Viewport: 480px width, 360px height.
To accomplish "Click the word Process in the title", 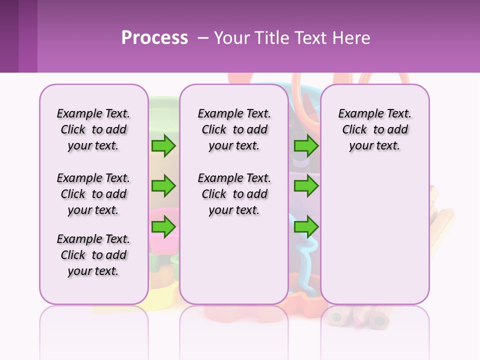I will click(154, 38).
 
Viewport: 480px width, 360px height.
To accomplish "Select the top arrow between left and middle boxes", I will click(163, 145).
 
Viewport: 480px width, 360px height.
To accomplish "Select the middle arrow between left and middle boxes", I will click(163, 186).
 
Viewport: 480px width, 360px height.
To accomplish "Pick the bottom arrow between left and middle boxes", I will click(163, 227).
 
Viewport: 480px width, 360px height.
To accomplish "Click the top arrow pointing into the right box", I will click(306, 145).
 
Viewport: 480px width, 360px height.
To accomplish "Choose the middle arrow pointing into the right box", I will click(306, 186).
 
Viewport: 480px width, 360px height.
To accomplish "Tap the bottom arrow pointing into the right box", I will click(306, 227).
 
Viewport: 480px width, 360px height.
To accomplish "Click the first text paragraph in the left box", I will click(93, 129).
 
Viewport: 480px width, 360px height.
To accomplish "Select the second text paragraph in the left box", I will click(93, 194).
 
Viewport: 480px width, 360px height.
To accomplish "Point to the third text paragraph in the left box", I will click(93, 255).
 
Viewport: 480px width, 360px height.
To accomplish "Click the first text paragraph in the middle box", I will click(234, 129).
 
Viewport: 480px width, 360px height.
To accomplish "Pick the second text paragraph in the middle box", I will click(234, 194).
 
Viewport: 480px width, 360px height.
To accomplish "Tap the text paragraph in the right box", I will click(374, 129).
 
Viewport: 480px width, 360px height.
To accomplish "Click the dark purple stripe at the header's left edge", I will click(9, 36).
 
